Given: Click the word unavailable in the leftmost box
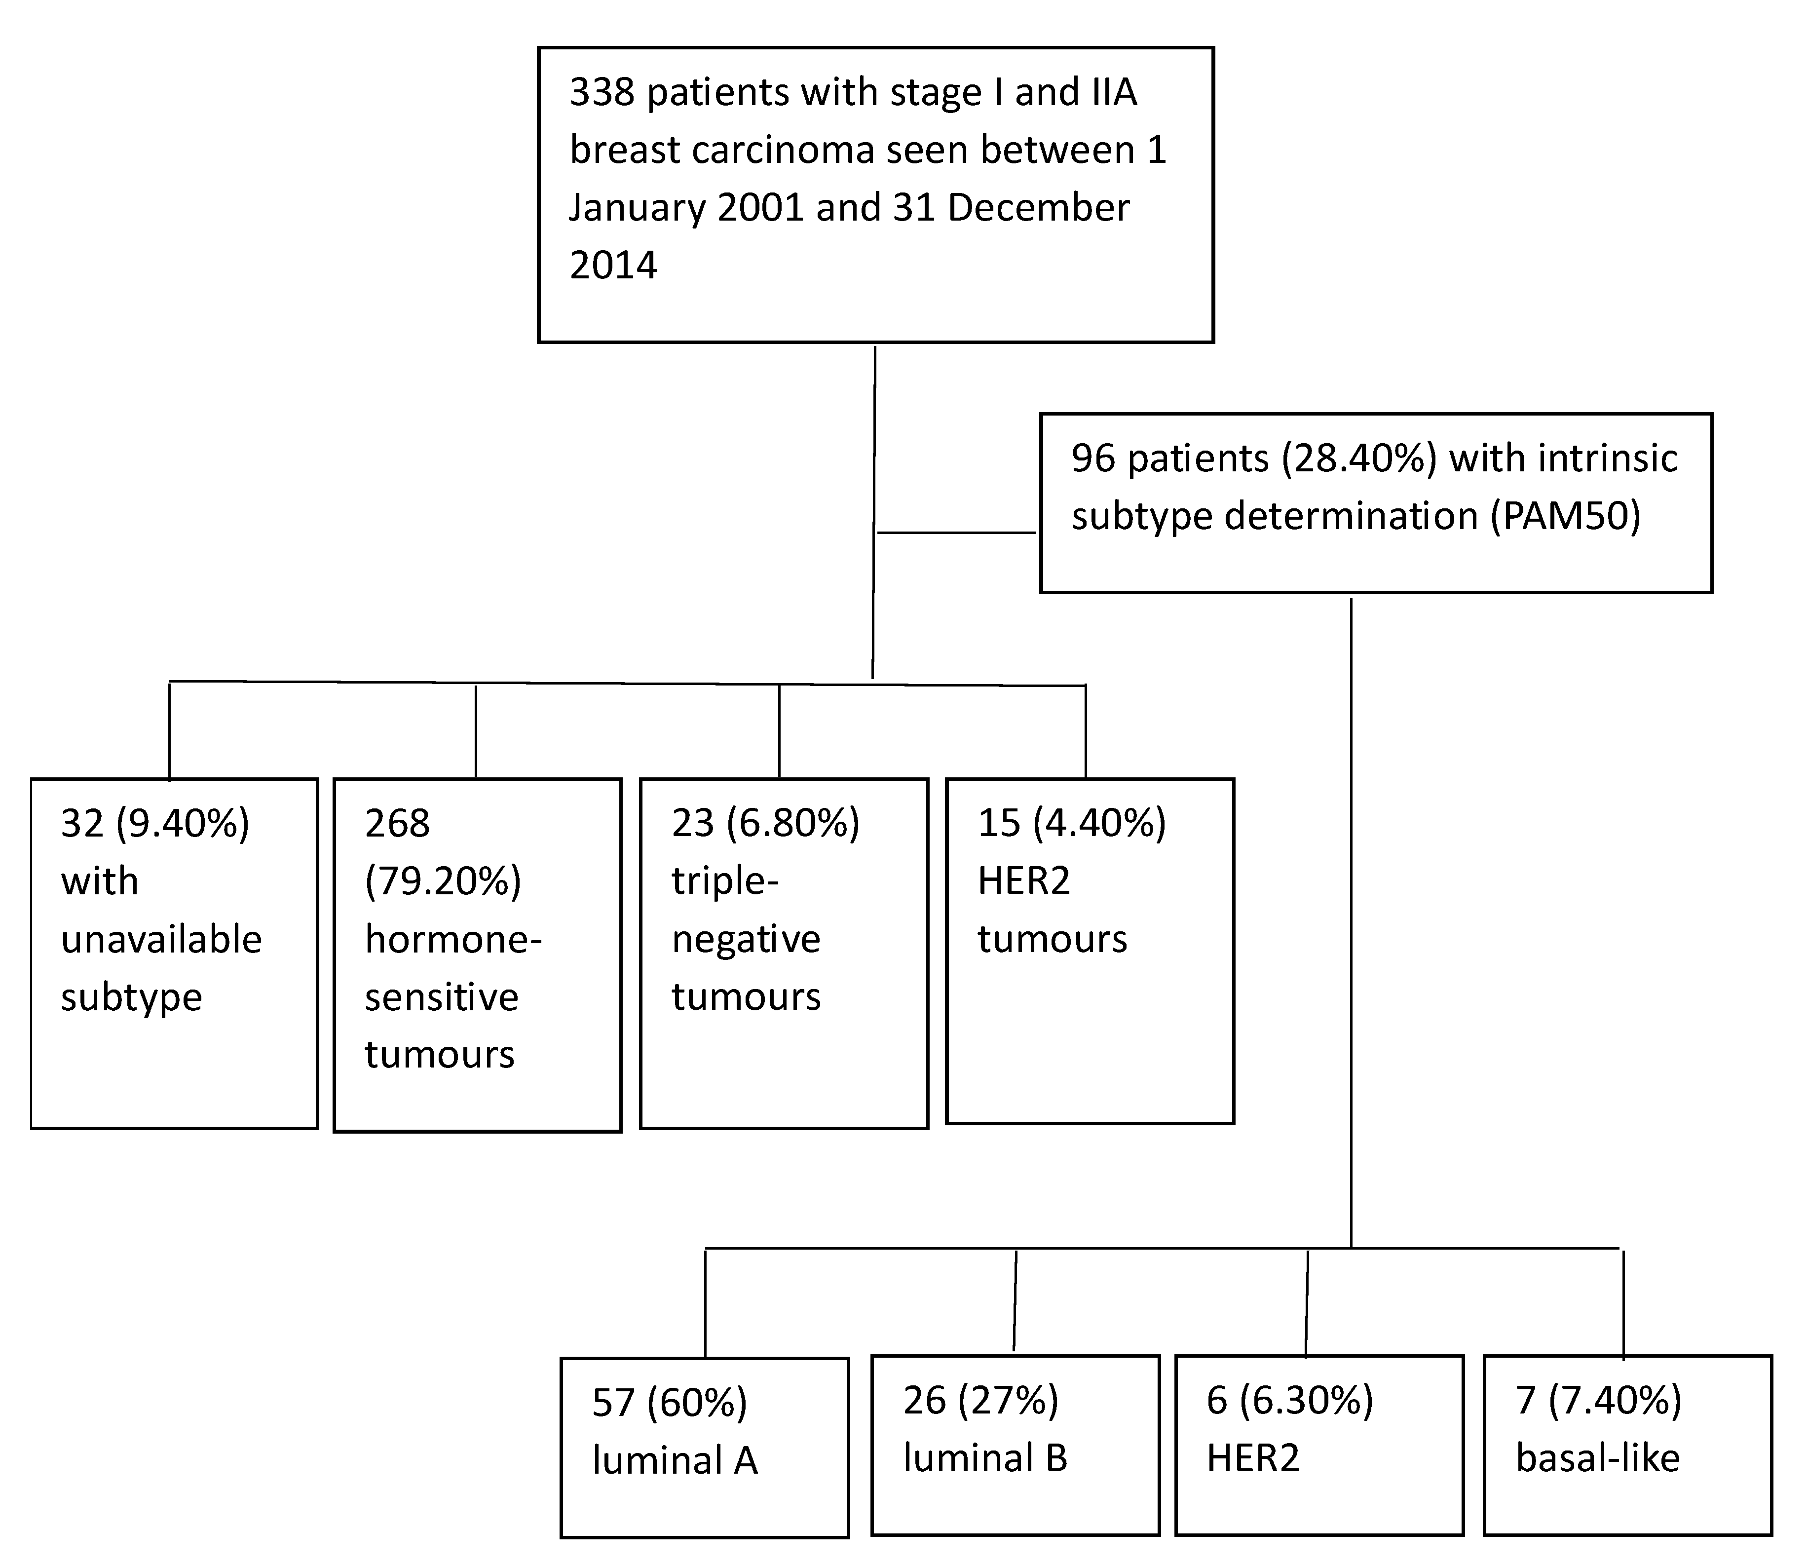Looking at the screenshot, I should coord(161,940).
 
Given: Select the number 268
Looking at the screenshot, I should coord(397,824).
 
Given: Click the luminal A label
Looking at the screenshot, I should coord(675,1461).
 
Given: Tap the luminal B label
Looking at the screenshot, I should coord(985,1458).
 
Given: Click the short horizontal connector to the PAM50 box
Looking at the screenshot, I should coord(956,532).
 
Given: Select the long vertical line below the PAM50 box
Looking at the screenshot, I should coord(1352,917).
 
